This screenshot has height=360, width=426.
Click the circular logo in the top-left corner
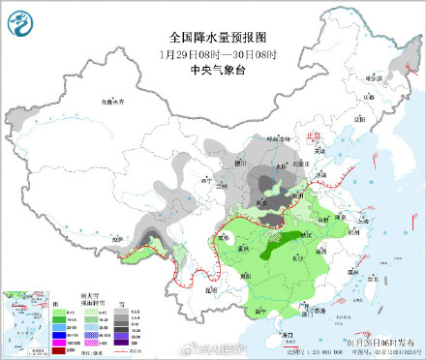[20, 20]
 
